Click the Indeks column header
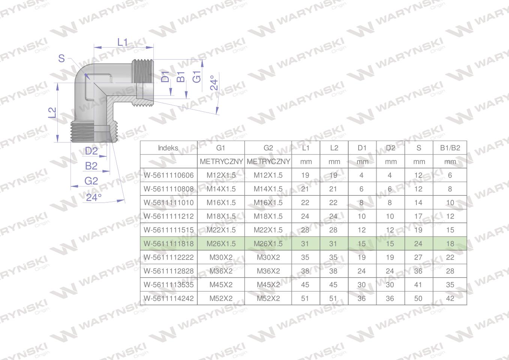click(168, 148)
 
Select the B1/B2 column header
click(450, 148)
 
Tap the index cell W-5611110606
click(169, 175)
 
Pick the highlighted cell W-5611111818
click(169, 244)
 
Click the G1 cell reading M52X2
click(221, 298)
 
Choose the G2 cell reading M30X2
click(268, 257)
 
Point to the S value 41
click(418, 285)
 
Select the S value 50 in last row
click(418, 298)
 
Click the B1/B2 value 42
click(450, 298)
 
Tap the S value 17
click(418, 216)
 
